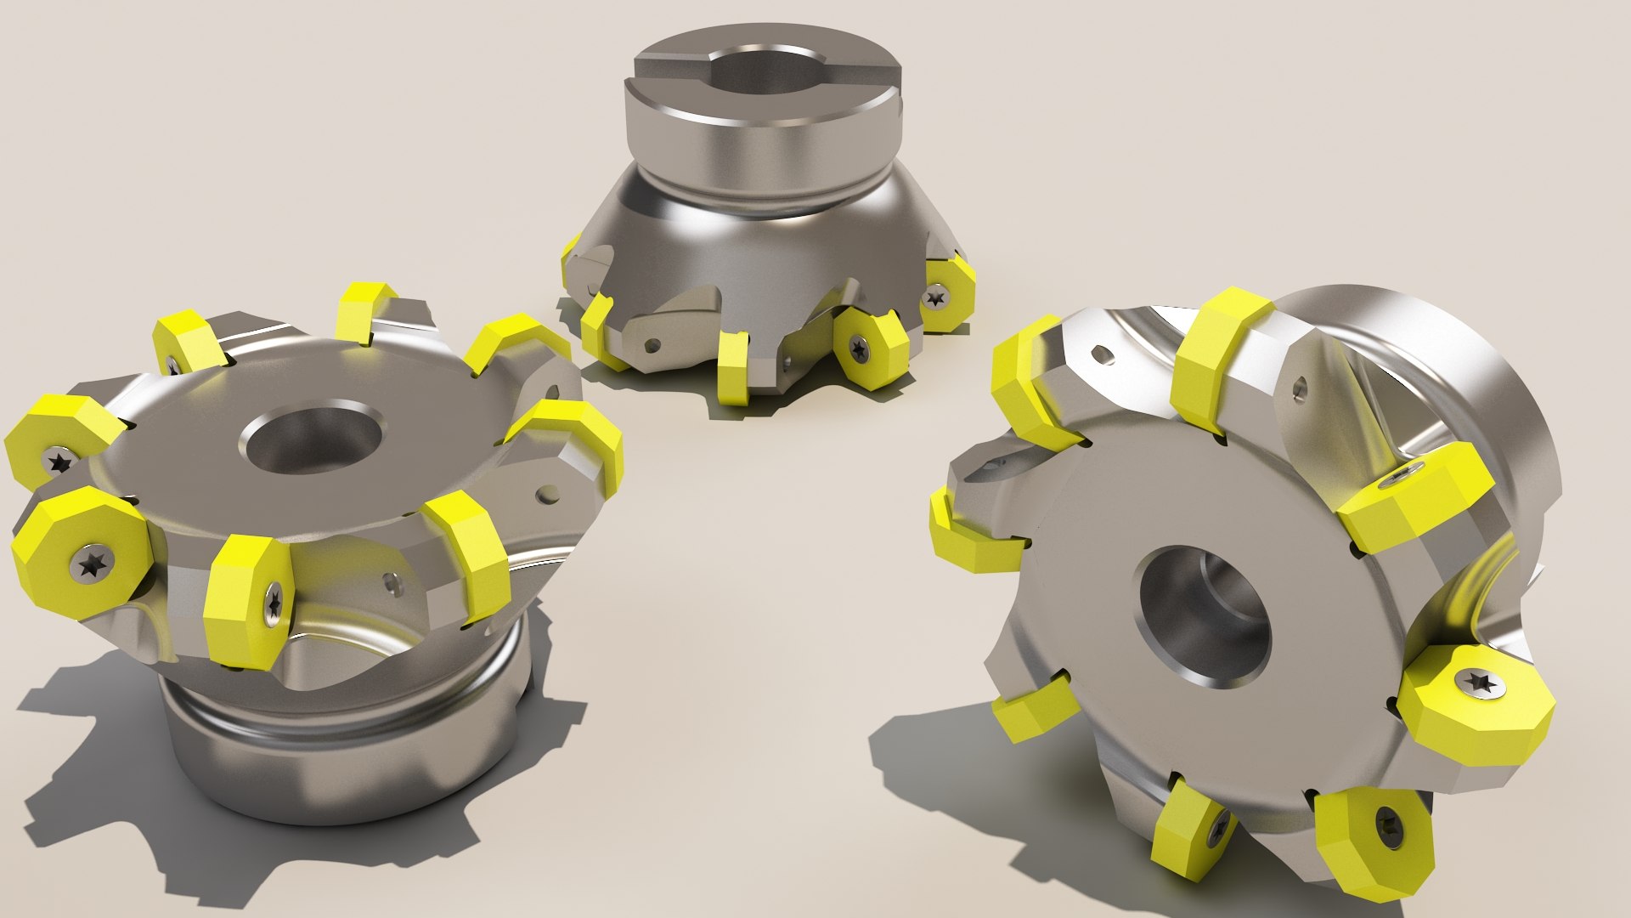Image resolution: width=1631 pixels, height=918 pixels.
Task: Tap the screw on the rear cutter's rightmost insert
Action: tap(937, 297)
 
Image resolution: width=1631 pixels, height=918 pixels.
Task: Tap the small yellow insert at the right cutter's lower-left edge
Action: tap(1031, 711)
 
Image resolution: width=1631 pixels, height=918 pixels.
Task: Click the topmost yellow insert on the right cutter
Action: tap(1219, 357)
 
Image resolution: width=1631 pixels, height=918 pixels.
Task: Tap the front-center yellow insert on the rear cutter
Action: tap(732, 365)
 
